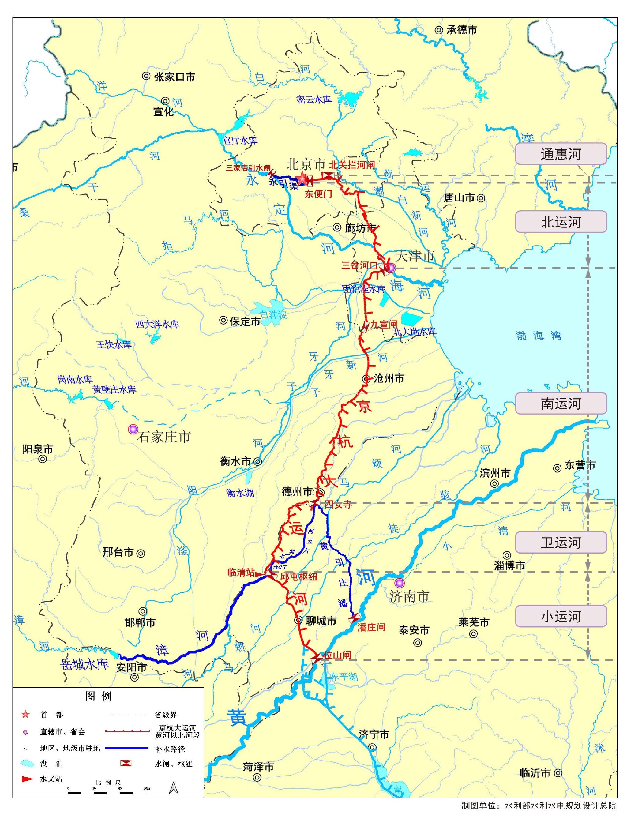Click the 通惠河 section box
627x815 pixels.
pyautogui.click(x=561, y=154)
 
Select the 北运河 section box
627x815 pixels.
pyautogui.click(x=561, y=222)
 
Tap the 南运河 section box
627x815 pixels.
pyautogui.click(x=561, y=404)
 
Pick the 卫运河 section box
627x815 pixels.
pyautogui.click(x=561, y=543)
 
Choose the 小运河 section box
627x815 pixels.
pyautogui.click(x=561, y=617)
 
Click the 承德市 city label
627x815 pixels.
pyautogui.click(x=462, y=30)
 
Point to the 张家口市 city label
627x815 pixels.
pyautogui.click(x=174, y=77)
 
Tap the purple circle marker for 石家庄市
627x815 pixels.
pyautogui.click(x=133, y=430)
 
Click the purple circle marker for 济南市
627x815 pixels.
pyautogui.click(x=400, y=583)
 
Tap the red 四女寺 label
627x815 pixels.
pyautogui.click(x=338, y=505)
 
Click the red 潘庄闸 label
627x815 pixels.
pyautogui.click(x=371, y=627)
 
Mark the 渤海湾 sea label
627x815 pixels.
pyautogui.click(x=538, y=336)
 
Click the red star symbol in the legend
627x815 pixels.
pyautogui.click(x=25, y=715)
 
